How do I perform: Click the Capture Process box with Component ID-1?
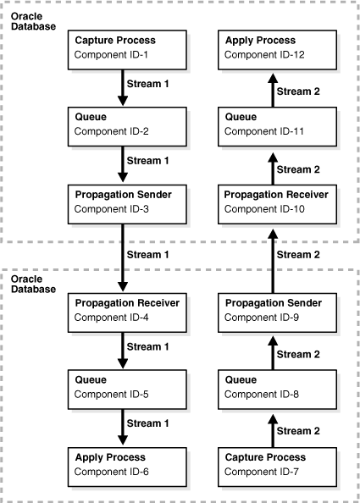(x=123, y=47)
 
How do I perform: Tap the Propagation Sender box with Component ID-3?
(x=123, y=202)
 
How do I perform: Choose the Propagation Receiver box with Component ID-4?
(x=123, y=309)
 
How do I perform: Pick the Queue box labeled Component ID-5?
(x=123, y=386)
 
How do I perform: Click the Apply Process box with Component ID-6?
(x=123, y=463)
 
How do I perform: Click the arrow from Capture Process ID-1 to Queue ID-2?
(x=123, y=86)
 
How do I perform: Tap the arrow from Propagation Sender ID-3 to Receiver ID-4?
(x=123, y=255)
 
